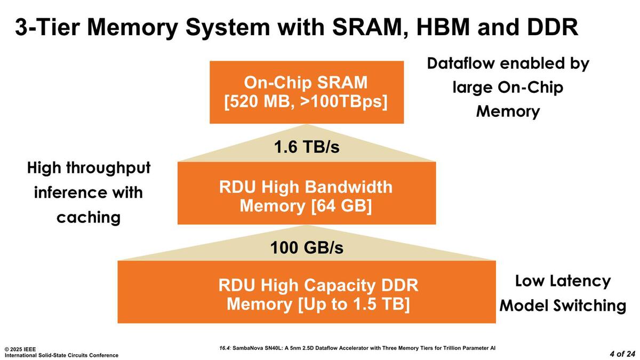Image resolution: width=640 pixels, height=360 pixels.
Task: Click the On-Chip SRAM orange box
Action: (x=306, y=92)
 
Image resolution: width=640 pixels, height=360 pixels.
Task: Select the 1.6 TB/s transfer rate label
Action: (x=306, y=147)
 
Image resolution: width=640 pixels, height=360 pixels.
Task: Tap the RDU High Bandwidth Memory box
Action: (x=306, y=193)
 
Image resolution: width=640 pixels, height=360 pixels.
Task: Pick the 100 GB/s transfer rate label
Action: (x=306, y=248)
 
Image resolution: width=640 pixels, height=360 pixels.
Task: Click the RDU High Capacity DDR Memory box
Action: (x=306, y=292)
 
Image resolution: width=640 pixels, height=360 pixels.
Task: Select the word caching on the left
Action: (x=88, y=217)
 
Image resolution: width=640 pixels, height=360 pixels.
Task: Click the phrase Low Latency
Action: (x=563, y=281)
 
